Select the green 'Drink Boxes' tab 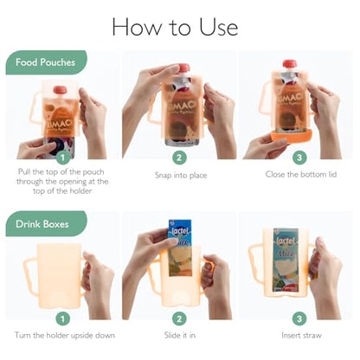(x=45, y=222)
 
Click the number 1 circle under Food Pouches (x=61, y=157)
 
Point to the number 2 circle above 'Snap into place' (x=179, y=157)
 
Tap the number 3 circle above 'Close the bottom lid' (x=298, y=157)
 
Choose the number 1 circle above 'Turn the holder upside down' (x=61, y=318)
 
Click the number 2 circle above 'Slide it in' (x=179, y=318)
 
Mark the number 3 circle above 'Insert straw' (x=298, y=318)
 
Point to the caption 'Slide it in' (x=179, y=334)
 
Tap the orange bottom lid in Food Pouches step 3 (x=291, y=136)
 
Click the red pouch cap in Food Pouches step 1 (x=60, y=89)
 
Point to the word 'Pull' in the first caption (x=25, y=172)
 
